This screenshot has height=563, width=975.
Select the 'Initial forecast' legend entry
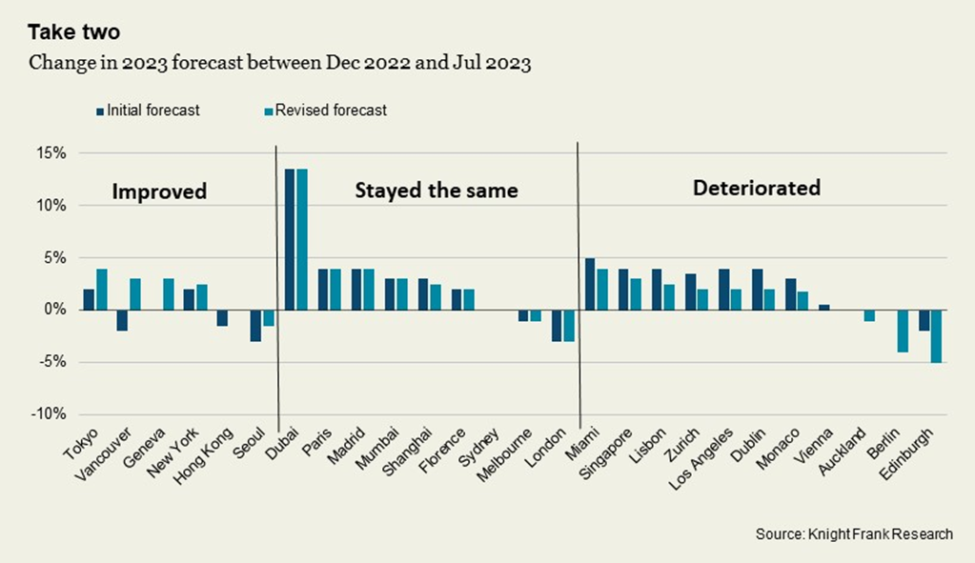click(152, 110)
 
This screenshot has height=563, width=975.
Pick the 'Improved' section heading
click(159, 191)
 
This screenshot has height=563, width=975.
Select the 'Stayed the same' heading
click(436, 191)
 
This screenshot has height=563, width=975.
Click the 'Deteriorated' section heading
click(756, 188)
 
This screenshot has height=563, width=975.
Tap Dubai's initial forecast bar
click(290, 239)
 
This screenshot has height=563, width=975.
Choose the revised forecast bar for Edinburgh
click(936, 336)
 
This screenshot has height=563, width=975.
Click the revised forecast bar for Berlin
click(902, 331)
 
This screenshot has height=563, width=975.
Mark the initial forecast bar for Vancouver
click(122, 320)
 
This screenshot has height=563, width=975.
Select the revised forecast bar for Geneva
click(168, 294)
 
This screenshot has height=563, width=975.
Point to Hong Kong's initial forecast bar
click(222, 317)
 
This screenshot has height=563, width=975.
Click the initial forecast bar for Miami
click(590, 284)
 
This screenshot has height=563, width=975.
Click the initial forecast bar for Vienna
click(824, 307)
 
